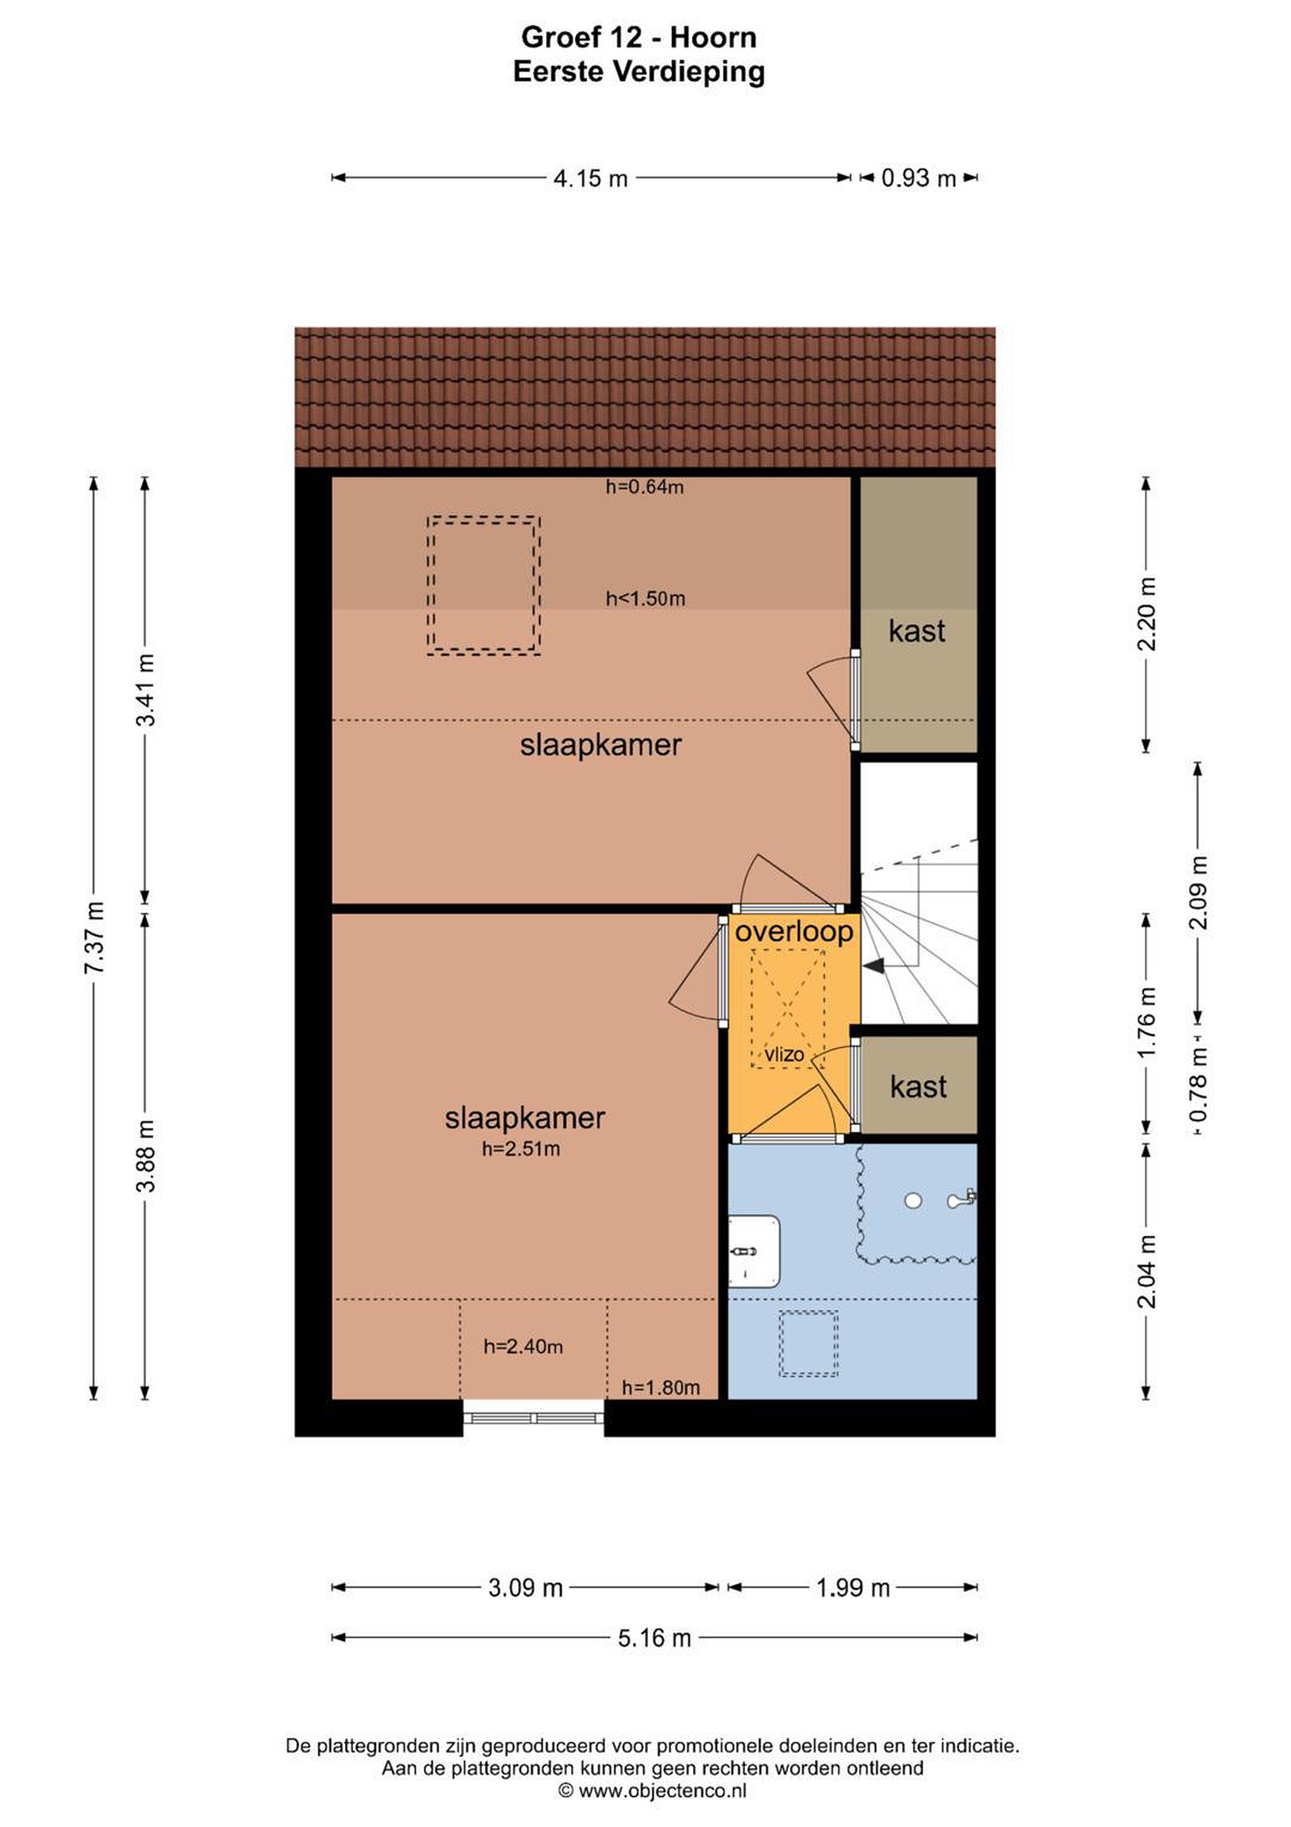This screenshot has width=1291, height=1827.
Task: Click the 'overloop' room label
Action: [x=794, y=932]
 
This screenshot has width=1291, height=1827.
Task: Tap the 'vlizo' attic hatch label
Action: [x=784, y=1054]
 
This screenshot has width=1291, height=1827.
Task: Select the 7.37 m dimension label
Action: [x=94, y=939]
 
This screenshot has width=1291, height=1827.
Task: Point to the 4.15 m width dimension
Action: [x=590, y=178]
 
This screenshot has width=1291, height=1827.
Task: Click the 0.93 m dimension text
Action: [x=918, y=178]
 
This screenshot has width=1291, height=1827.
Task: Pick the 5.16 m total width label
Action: [x=654, y=1639]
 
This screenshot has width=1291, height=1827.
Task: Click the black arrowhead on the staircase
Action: [x=874, y=966]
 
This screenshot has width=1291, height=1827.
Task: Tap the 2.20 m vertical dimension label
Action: [x=1147, y=613]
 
